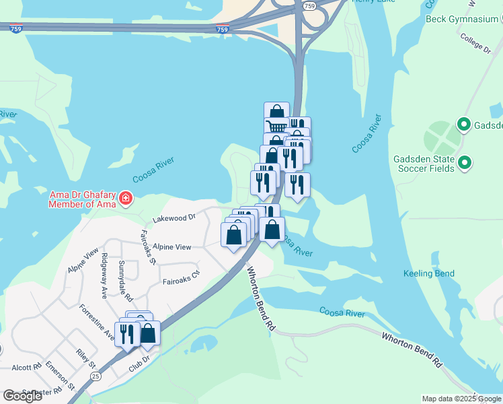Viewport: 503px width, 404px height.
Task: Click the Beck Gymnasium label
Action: (x=461, y=19)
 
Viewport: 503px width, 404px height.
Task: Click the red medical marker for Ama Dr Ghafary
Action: (x=126, y=199)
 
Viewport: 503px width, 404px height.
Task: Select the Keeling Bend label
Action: (x=428, y=273)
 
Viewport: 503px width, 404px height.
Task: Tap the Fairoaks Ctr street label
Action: (x=181, y=275)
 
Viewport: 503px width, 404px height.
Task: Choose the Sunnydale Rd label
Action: (x=126, y=280)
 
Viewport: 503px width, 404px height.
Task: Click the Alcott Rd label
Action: (x=26, y=368)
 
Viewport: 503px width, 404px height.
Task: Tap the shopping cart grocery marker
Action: (x=276, y=127)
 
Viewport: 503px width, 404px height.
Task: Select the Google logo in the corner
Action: (x=22, y=396)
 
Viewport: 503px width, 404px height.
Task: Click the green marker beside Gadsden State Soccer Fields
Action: (x=464, y=162)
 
